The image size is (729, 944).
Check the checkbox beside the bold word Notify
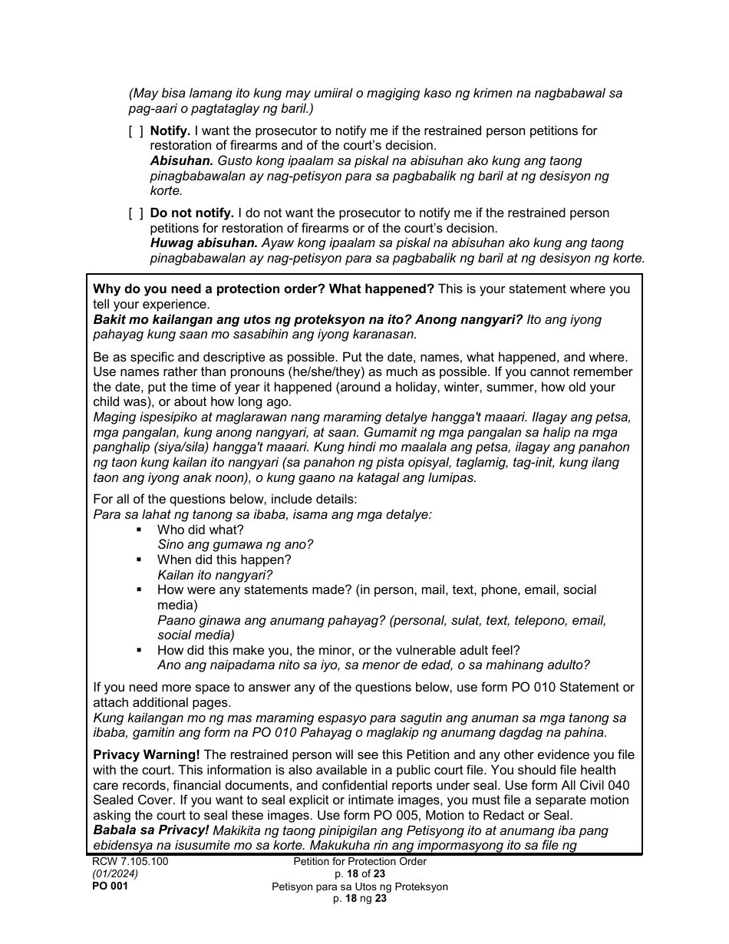point(136,131)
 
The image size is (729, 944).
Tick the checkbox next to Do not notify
point(136,213)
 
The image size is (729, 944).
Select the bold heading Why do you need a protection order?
point(263,289)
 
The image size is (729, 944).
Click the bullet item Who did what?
point(200,530)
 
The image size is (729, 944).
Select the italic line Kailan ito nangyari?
point(215,575)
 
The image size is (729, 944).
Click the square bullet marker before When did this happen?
point(139,560)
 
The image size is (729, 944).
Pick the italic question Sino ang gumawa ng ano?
point(235,545)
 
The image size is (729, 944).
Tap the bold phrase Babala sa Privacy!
point(151,830)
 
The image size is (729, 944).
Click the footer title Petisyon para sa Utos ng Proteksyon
point(360,886)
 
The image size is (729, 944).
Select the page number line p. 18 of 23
point(360,874)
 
